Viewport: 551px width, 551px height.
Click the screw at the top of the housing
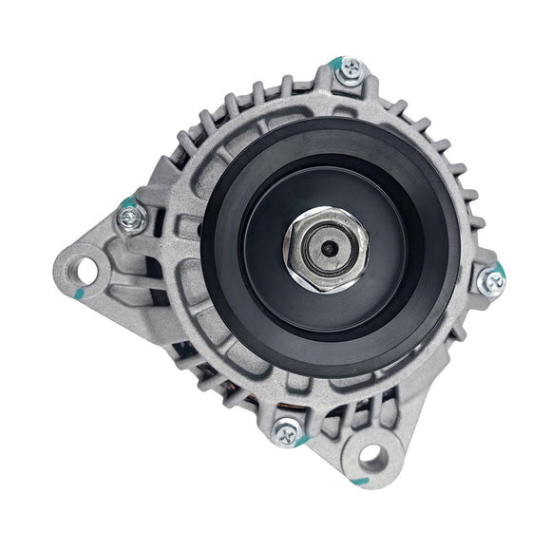click(350, 68)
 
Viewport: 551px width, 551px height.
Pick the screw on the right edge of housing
click(491, 280)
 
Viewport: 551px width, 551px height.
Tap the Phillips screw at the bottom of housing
click(286, 434)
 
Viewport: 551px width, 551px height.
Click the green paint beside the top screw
click(333, 65)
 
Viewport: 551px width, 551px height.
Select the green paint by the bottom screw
click(300, 442)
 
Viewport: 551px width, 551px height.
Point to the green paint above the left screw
click(126, 202)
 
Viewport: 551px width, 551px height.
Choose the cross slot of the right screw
click(491, 280)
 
